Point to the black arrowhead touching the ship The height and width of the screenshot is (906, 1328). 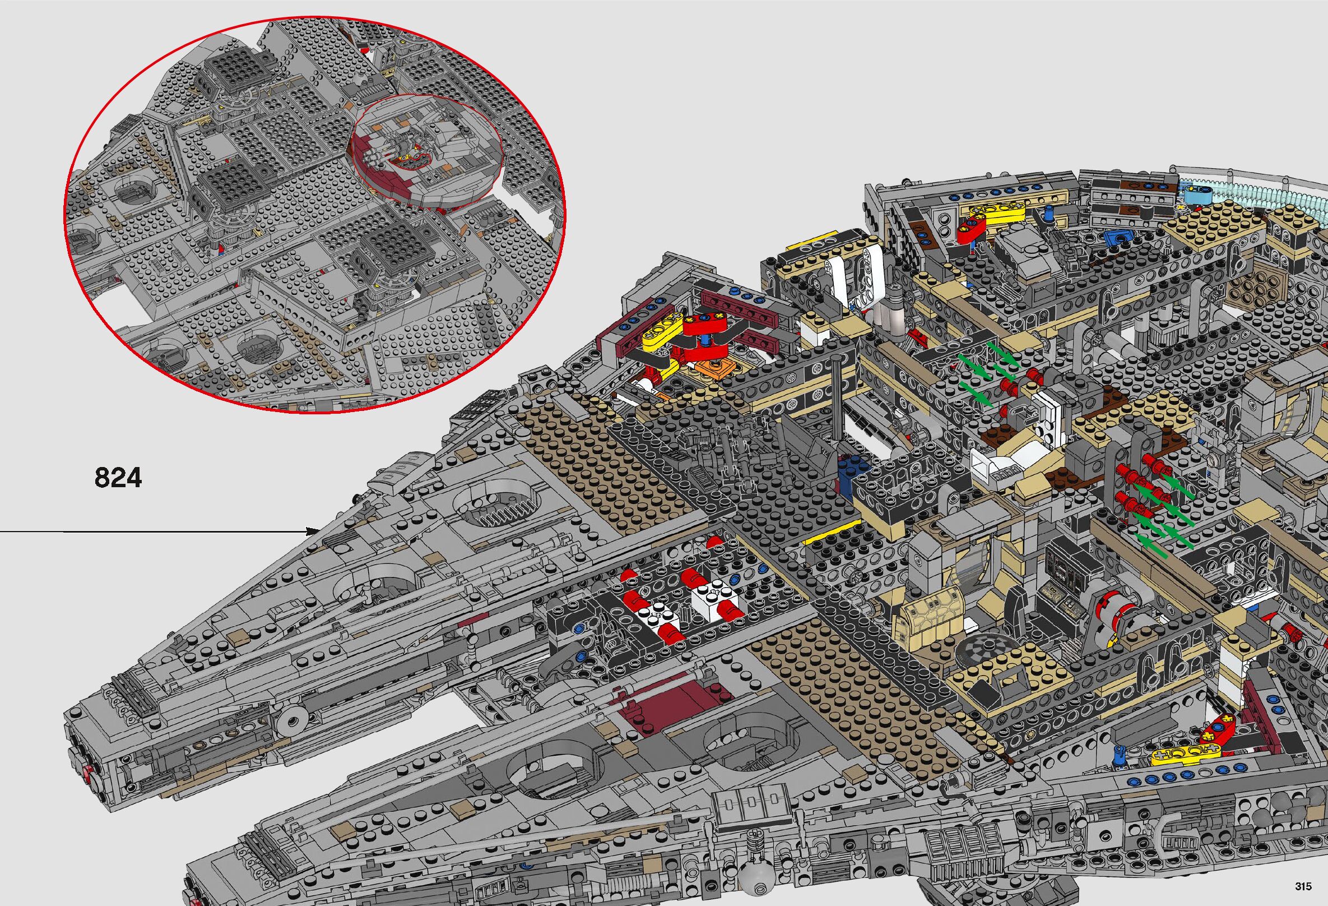point(313,531)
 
